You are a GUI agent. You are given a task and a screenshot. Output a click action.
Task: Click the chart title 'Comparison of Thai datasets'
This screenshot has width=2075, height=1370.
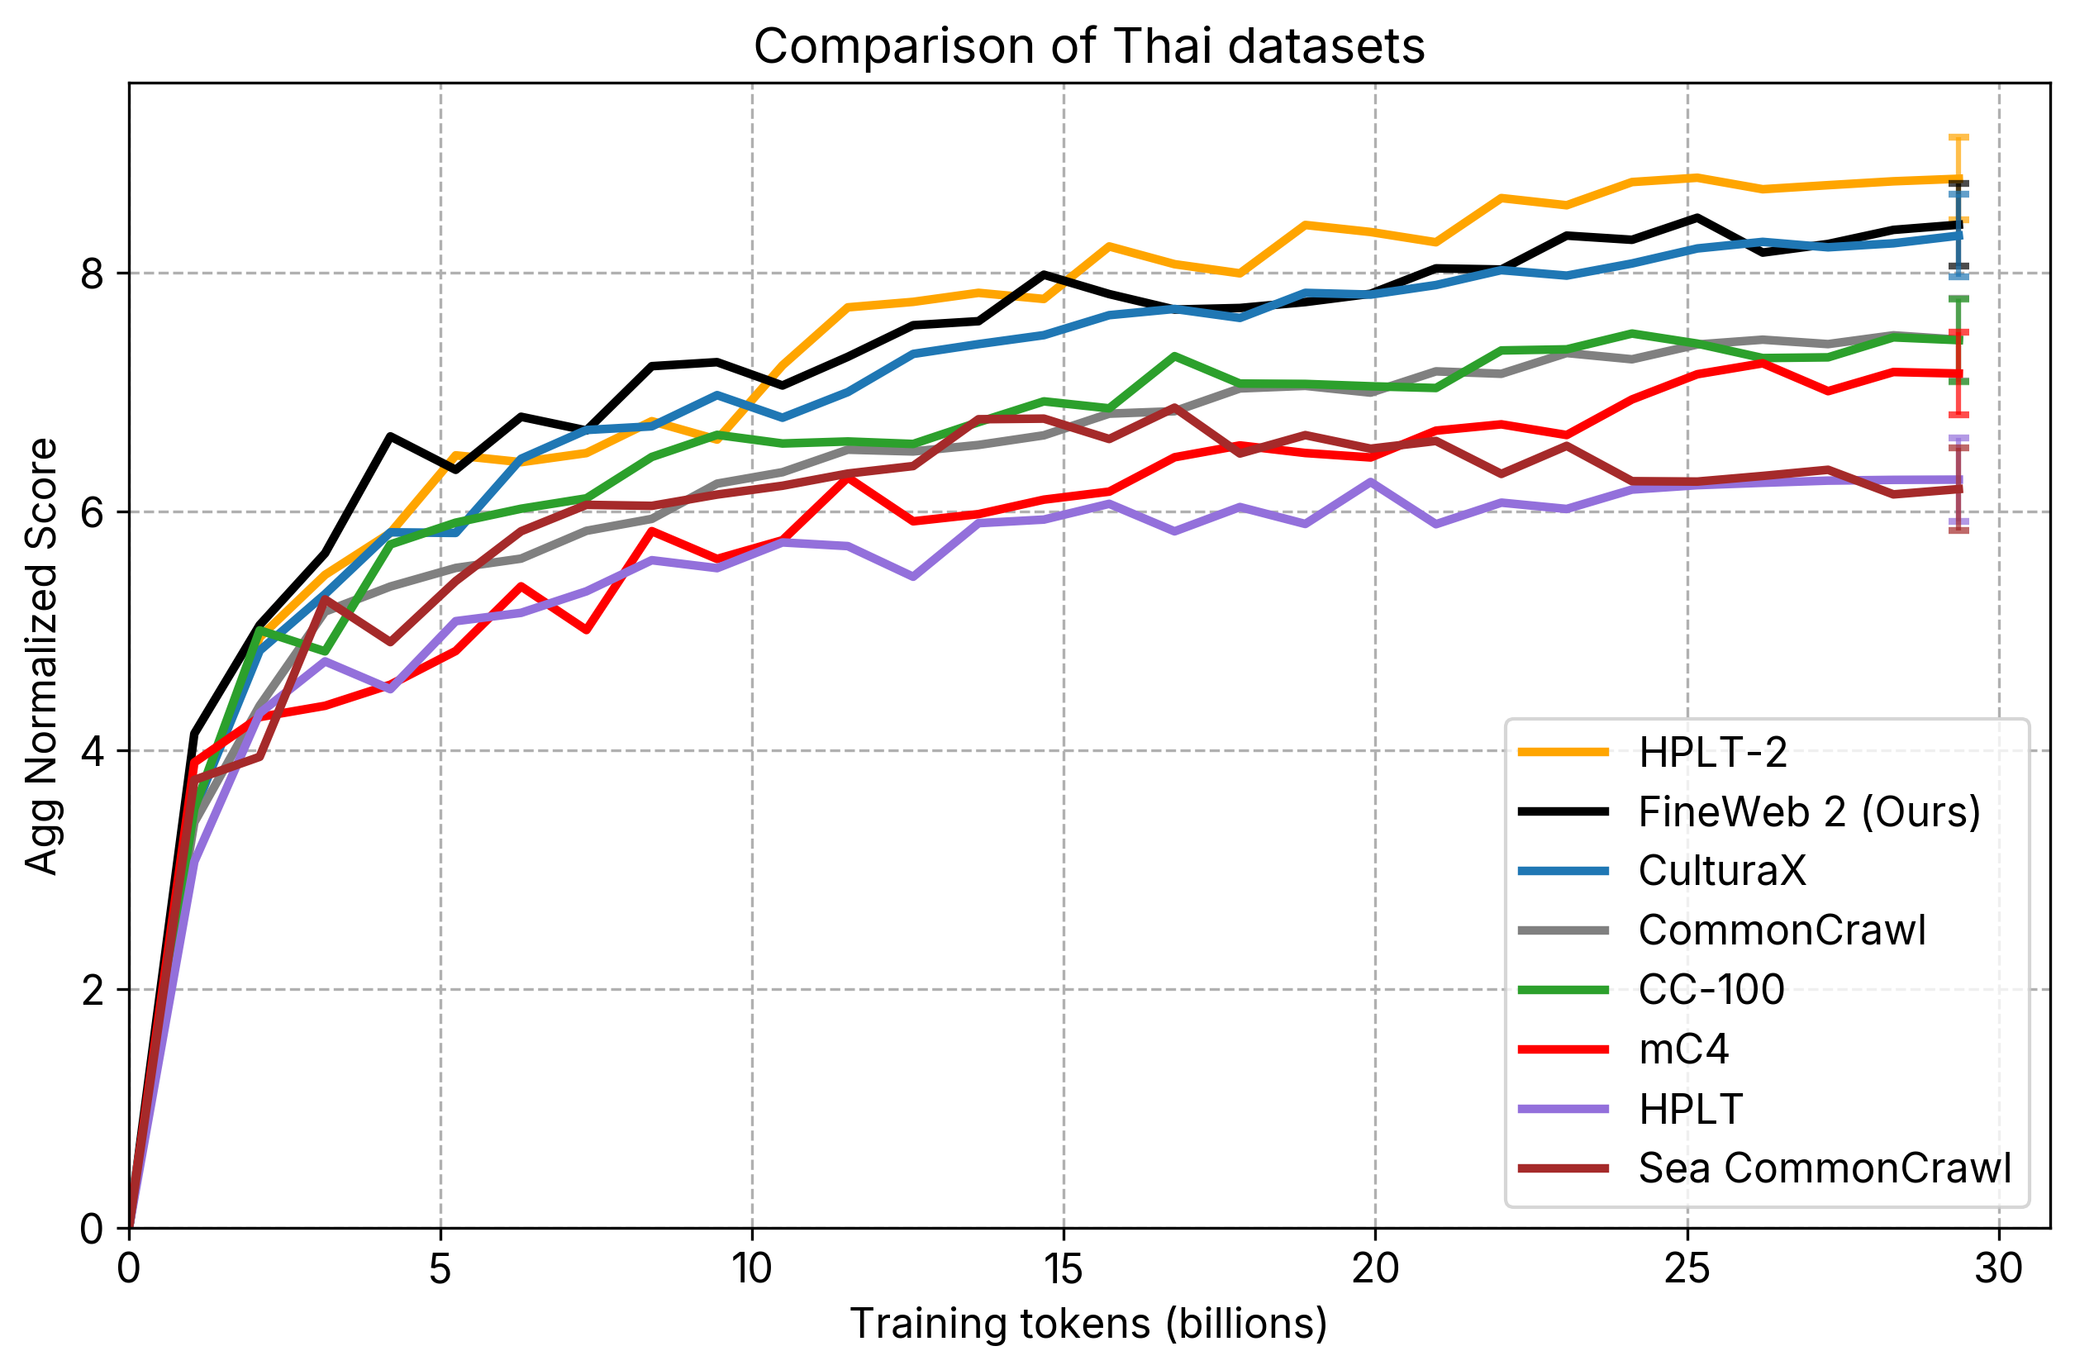[x=1088, y=46]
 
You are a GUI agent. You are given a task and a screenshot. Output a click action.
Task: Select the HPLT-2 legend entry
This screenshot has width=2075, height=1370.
[x=1712, y=752]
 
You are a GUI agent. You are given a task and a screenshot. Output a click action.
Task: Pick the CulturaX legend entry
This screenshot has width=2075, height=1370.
[x=1721, y=871]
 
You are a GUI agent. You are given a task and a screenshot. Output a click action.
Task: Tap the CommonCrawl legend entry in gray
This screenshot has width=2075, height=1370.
[x=1782, y=930]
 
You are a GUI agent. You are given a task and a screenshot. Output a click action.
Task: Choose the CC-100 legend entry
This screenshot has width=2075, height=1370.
[x=1711, y=990]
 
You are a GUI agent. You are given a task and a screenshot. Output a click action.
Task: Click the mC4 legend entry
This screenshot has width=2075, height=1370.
[x=1682, y=1049]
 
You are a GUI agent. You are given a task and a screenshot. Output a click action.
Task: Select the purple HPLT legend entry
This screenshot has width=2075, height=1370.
[x=1690, y=1109]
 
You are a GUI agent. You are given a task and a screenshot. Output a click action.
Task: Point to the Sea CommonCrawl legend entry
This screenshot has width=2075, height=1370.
[x=1825, y=1168]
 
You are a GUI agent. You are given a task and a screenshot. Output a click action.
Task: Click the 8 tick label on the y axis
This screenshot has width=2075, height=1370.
[x=92, y=274]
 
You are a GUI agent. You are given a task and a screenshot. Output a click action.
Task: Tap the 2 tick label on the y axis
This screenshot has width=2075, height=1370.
[x=92, y=990]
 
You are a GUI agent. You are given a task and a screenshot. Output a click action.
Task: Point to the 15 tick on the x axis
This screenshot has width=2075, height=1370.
[x=1064, y=1268]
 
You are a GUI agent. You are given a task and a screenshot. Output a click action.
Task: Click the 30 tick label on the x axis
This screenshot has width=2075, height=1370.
[x=1999, y=1268]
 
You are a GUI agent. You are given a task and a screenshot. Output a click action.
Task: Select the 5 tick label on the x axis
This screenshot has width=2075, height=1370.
[x=440, y=1268]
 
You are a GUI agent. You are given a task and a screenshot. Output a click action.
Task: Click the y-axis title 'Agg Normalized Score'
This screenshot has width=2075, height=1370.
[x=41, y=656]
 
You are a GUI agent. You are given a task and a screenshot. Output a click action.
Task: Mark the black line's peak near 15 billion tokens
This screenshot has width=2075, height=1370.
[x=1043, y=274]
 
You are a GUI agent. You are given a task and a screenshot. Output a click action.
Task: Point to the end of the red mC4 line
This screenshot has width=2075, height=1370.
[x=1960, y=374]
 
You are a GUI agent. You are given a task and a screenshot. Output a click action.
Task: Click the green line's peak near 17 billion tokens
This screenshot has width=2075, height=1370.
[x=1175, y=355]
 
